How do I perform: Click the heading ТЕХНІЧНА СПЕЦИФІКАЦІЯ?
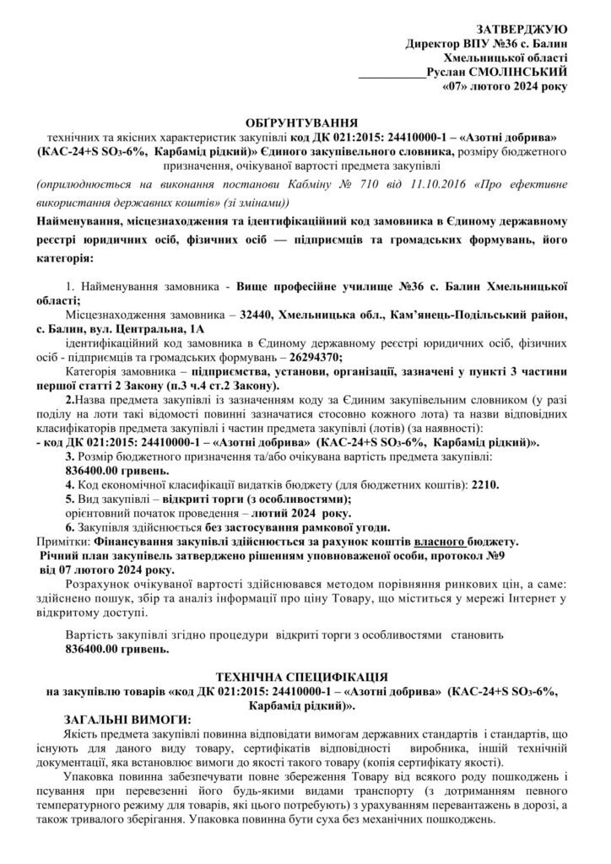tap(301, 677)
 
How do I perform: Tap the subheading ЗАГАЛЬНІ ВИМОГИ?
tap(127, 718)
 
